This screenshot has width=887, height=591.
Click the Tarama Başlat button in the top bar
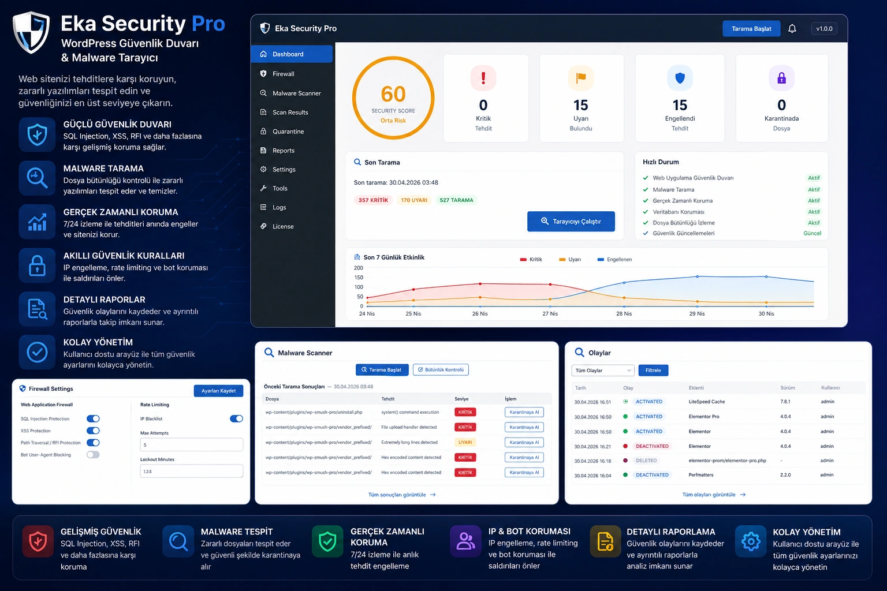pyautogui.click(x=751, y=29)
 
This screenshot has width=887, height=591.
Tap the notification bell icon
pyautogui.click(x=792, y=29)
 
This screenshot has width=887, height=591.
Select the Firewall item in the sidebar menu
pyautogui.click(x=283, y=74)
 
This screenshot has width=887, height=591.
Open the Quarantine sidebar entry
pyautogui.click(x=288, y=132)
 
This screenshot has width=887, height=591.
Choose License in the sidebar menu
pyautogui.click(x=282, y=226)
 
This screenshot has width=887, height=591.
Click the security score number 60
pyautogui.click(x=393, y=94)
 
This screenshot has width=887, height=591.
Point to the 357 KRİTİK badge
pyautogui.click(x=373, y=200)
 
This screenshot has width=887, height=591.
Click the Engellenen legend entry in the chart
pyautogui.click(x=618, y=260)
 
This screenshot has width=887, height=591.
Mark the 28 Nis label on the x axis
pyautogui.click(x=624, y=314)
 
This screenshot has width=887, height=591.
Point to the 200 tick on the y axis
pyautogui.click(x=359, y=268)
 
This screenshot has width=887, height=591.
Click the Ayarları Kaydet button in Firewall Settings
pyautogui.click(x=218, y=391)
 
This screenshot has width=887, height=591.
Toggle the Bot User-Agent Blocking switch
pyautogui.click(x=93, y=455)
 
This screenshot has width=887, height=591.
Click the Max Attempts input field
pyautogui.click(x=191, y=445)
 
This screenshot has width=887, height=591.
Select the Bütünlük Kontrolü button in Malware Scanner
pyautogui.click(x=441, y=370)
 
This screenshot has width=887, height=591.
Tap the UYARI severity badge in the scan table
pyautogui.click(x=465, y=443)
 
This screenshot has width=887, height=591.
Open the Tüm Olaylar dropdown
pyautogui.click(x=603, y=371)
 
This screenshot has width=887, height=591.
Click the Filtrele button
pyautogui.click(x=653, y=371)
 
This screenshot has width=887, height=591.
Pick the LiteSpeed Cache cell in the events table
pyautogui.click(x=706, y=402)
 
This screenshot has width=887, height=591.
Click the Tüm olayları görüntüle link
pyautogui.click(x=714, y=495)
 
